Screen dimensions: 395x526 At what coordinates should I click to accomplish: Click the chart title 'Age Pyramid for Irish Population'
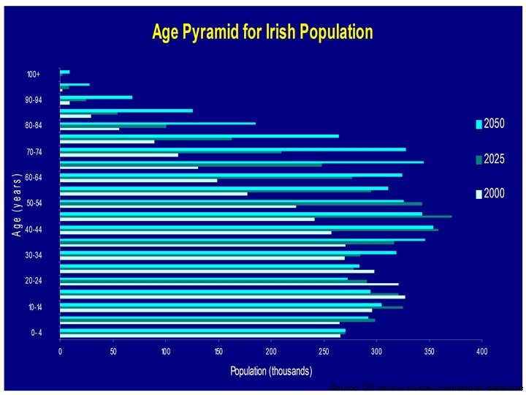[x=262, y=33]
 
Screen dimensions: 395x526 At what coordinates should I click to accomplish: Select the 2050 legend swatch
[x=479, y=124]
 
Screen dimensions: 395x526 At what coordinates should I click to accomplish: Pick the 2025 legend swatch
[x=479, y=159]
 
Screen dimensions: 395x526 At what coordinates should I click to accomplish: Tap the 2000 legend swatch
[x=479, y=194]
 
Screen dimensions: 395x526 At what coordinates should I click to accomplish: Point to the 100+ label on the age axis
[x=34, y=74]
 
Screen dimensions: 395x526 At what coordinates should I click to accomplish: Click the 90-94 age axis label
[x=34, y=99]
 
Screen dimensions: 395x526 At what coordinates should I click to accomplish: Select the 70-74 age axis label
[x=34, y=151]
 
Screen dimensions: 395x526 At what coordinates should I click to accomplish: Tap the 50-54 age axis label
[x=34, y=203]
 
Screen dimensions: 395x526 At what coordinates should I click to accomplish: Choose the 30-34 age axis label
[x=34, y=255]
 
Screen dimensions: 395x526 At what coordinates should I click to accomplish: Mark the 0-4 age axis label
[x=36, y=334]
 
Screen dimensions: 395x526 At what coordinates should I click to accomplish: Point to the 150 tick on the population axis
[x=218, y=353]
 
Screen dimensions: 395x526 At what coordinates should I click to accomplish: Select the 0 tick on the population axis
[x=61, y=353]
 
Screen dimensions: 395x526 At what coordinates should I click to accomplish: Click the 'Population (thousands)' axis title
[x=270, y=371]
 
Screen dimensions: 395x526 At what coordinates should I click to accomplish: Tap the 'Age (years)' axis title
[x=16, y=204]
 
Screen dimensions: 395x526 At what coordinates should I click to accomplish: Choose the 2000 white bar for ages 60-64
[x=139, y=180]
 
